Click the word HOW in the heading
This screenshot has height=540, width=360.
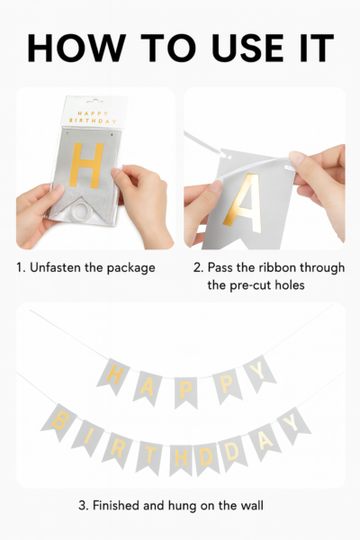click(76, 48)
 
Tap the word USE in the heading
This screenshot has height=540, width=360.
click(247, 48)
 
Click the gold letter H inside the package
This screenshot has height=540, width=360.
click(86, 166)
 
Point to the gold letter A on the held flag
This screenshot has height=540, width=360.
click(244, 203)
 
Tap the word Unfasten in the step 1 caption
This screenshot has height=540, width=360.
click(54, 267)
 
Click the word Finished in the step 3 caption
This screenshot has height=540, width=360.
click(116, 506)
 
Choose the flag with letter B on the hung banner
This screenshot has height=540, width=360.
click(58, 422)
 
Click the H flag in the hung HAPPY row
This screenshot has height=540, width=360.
click(113, 376)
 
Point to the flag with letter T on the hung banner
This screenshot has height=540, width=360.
click(149, 456)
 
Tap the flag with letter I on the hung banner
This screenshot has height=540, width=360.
click(88, 437)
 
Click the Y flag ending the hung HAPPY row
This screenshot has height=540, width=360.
click(259, 373)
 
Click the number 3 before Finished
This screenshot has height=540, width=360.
click(83, 506)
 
